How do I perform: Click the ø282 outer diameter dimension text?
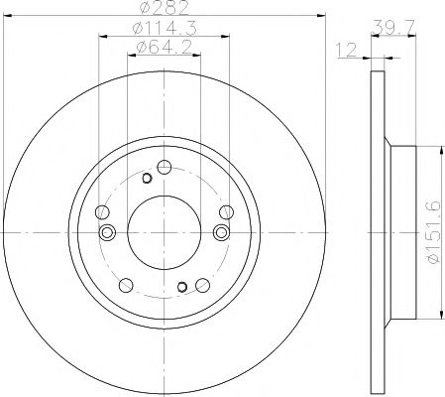click(x=164, y=9)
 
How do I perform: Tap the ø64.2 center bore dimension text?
click(x=164, y=48)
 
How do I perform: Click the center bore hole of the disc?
click(x=164, y=231)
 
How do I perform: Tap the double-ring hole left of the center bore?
click(x=108, y=231)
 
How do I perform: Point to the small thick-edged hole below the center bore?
click(x=180, y=287)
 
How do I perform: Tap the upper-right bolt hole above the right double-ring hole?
click(x=225, y=211)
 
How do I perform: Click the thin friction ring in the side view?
click(x=377, y=231)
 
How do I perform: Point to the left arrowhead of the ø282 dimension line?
click(x=7, y=16)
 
